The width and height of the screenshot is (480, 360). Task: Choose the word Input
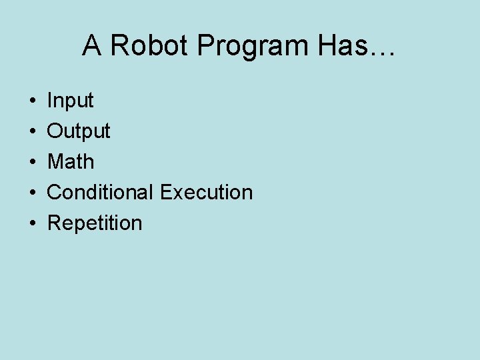(70, 101)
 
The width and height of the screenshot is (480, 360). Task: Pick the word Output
(79, 131)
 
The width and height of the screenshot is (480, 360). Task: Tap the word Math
(71, 161)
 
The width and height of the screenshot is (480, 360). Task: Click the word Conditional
(101, 192)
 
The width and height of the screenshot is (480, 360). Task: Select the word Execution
(207, 192)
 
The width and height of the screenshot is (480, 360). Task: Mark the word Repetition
(95, 223)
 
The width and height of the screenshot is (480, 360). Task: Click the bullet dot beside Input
(32, 101)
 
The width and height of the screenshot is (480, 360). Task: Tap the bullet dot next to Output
(32, 132)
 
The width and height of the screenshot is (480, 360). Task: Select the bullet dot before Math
(32, 162)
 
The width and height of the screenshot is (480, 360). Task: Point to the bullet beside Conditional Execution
(32, 193)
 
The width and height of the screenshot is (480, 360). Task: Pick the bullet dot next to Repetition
(32, 223)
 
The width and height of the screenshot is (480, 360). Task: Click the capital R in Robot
(118, 46)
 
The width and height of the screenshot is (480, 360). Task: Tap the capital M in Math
(55, 161)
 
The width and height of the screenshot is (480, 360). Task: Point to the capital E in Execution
(167, 192)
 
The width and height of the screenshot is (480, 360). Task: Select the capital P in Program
(205, 46)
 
